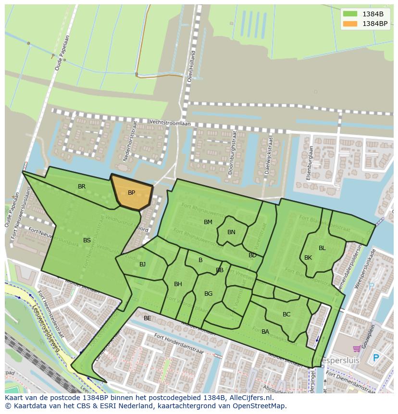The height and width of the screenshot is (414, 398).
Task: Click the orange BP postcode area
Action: point(131,193)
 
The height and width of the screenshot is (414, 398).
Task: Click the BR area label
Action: point(82,187)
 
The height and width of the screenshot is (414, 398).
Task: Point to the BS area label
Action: point(87,240)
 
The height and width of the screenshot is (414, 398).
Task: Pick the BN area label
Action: point(231,232)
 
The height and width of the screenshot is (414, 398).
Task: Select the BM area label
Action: point(208,222)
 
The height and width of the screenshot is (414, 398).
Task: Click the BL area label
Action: point(322,248)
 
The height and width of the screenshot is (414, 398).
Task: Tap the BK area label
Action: point(308,258)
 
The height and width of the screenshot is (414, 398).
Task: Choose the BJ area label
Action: point(142,264)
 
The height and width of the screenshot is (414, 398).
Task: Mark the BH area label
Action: point(178,284)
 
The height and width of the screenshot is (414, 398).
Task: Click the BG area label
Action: point(208,294)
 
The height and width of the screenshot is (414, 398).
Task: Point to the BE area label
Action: point(147,318)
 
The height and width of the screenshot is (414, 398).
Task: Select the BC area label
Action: point(286,314)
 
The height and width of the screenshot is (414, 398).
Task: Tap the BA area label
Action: point(265,332)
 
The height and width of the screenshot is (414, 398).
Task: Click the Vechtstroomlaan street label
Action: point(170,123)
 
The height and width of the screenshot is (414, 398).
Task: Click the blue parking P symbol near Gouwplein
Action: point(376,358)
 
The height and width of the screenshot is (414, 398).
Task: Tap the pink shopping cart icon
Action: point(357,349)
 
